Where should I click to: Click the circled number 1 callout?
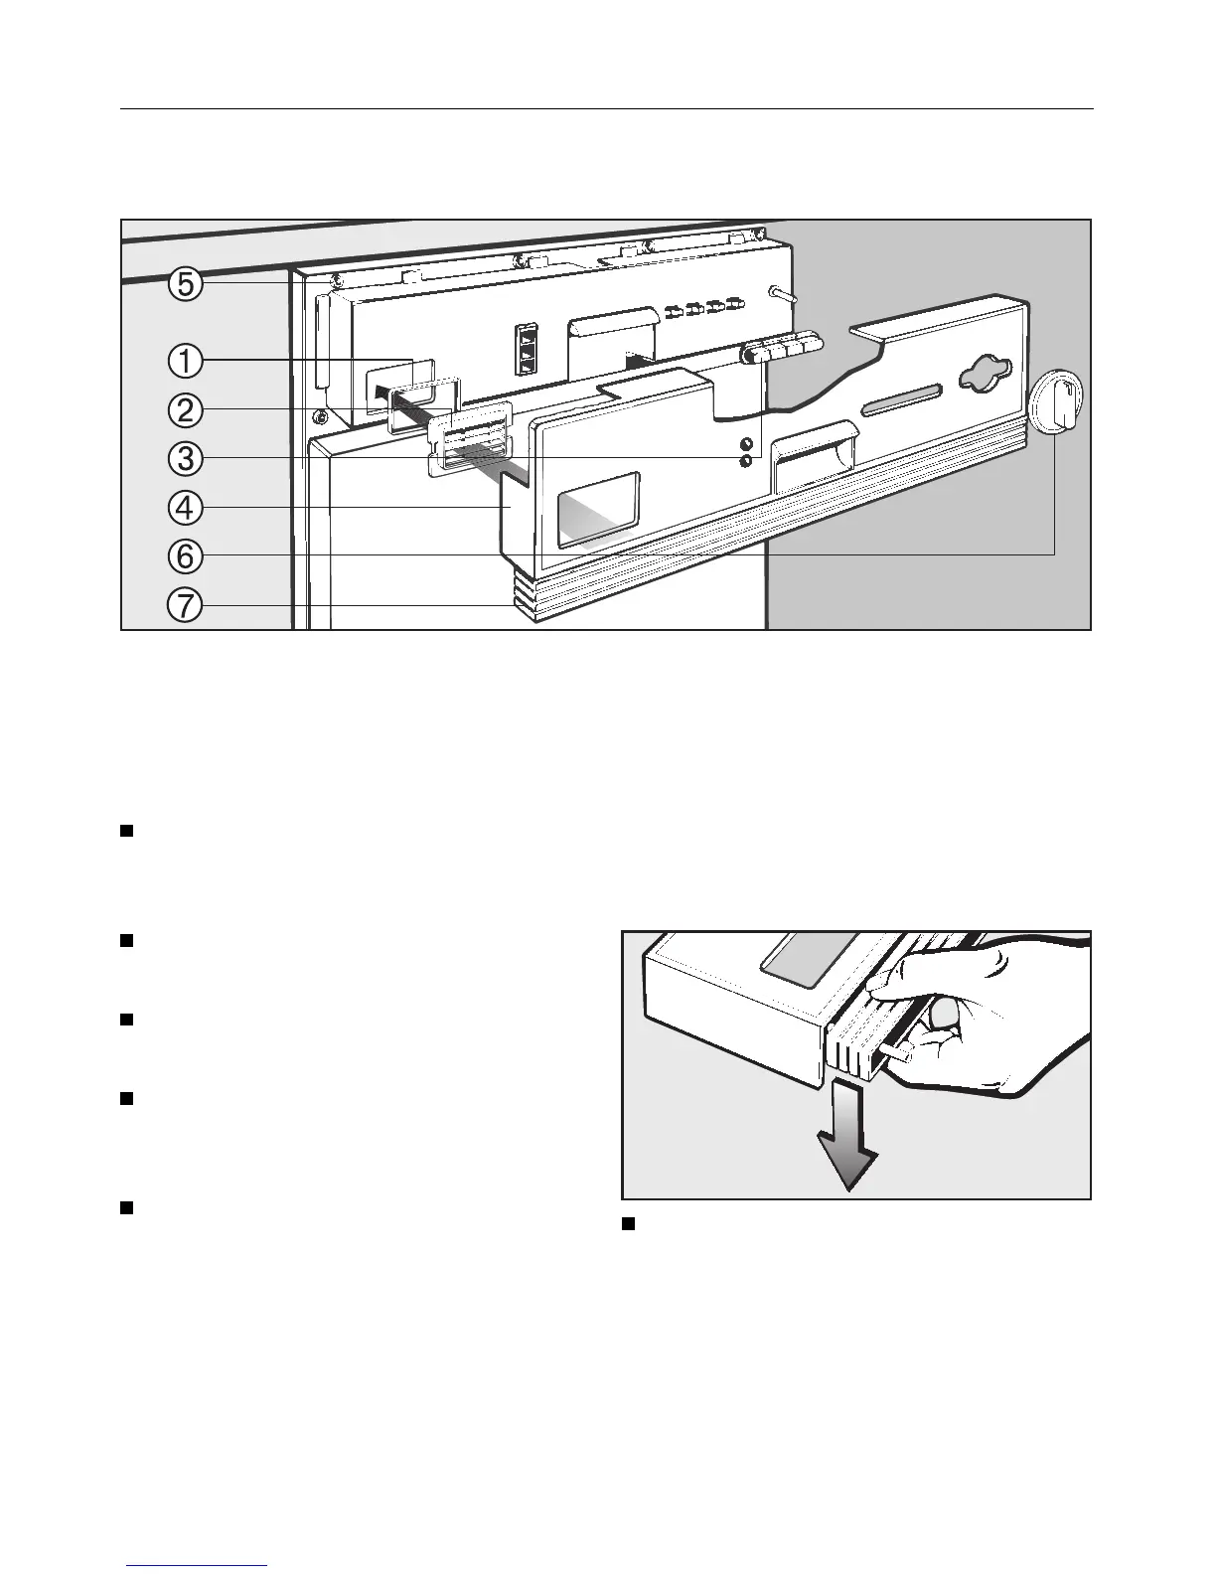[185, 362]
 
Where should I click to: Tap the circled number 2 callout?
[185, 410]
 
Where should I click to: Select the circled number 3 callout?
[185, 459]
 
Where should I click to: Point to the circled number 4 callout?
[185, 508]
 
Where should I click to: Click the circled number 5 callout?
[185, 285]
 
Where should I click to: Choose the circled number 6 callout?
[185, 556]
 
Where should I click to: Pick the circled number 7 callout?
[185, 604]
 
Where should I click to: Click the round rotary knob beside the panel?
[1056, 403]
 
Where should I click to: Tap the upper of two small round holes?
[744, 443]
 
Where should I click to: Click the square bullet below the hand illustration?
[628, 1223]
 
